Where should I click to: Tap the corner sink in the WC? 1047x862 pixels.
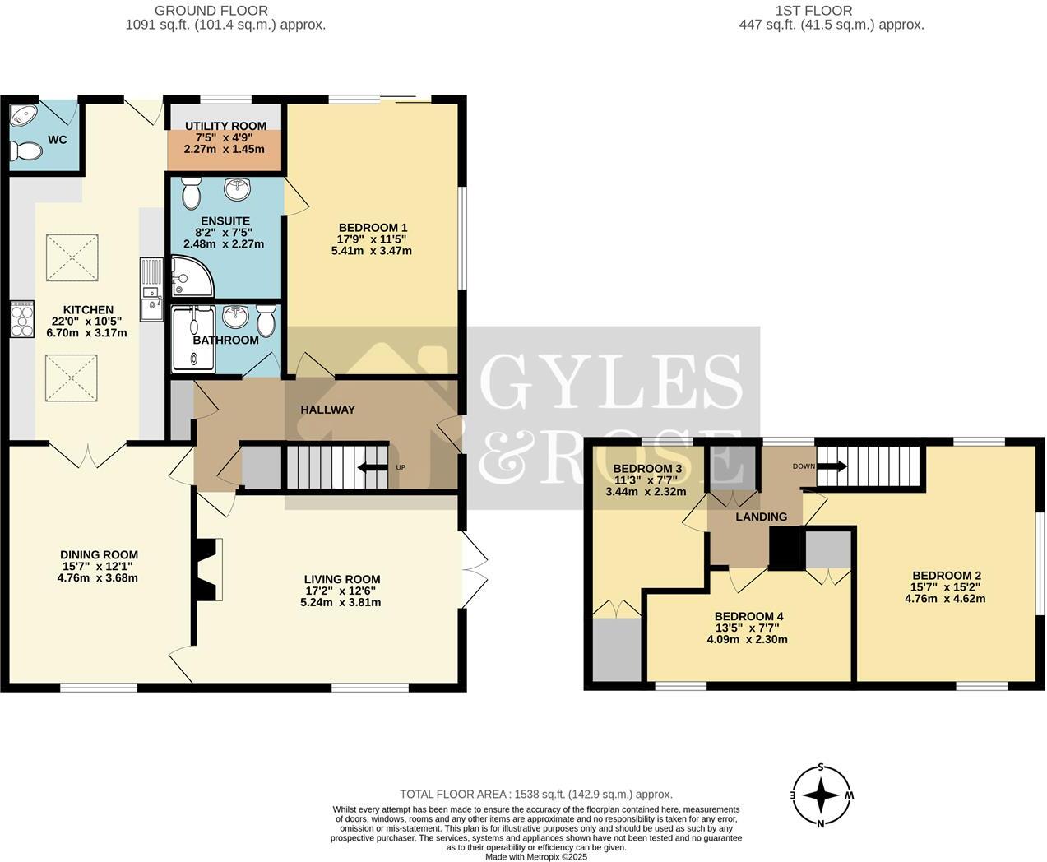coord(22,117)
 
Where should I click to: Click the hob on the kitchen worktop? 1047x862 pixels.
coord(21,319)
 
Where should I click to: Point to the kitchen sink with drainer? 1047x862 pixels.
coord(151,290)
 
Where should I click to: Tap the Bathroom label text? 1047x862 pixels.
coord(225,340)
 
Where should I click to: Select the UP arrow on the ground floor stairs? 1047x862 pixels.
coord(371,468)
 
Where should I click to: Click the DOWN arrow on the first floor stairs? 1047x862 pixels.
coord(833,466)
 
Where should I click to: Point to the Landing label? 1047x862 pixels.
coord(761,517)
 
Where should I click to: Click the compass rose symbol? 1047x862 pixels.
coord(820,795)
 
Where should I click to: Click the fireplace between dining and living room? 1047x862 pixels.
coord(206,568)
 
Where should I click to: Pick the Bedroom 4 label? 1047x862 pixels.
coord(748,616)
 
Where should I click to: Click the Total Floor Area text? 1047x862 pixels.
coord(535,794)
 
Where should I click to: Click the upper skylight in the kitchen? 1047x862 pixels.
coord(72,254)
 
